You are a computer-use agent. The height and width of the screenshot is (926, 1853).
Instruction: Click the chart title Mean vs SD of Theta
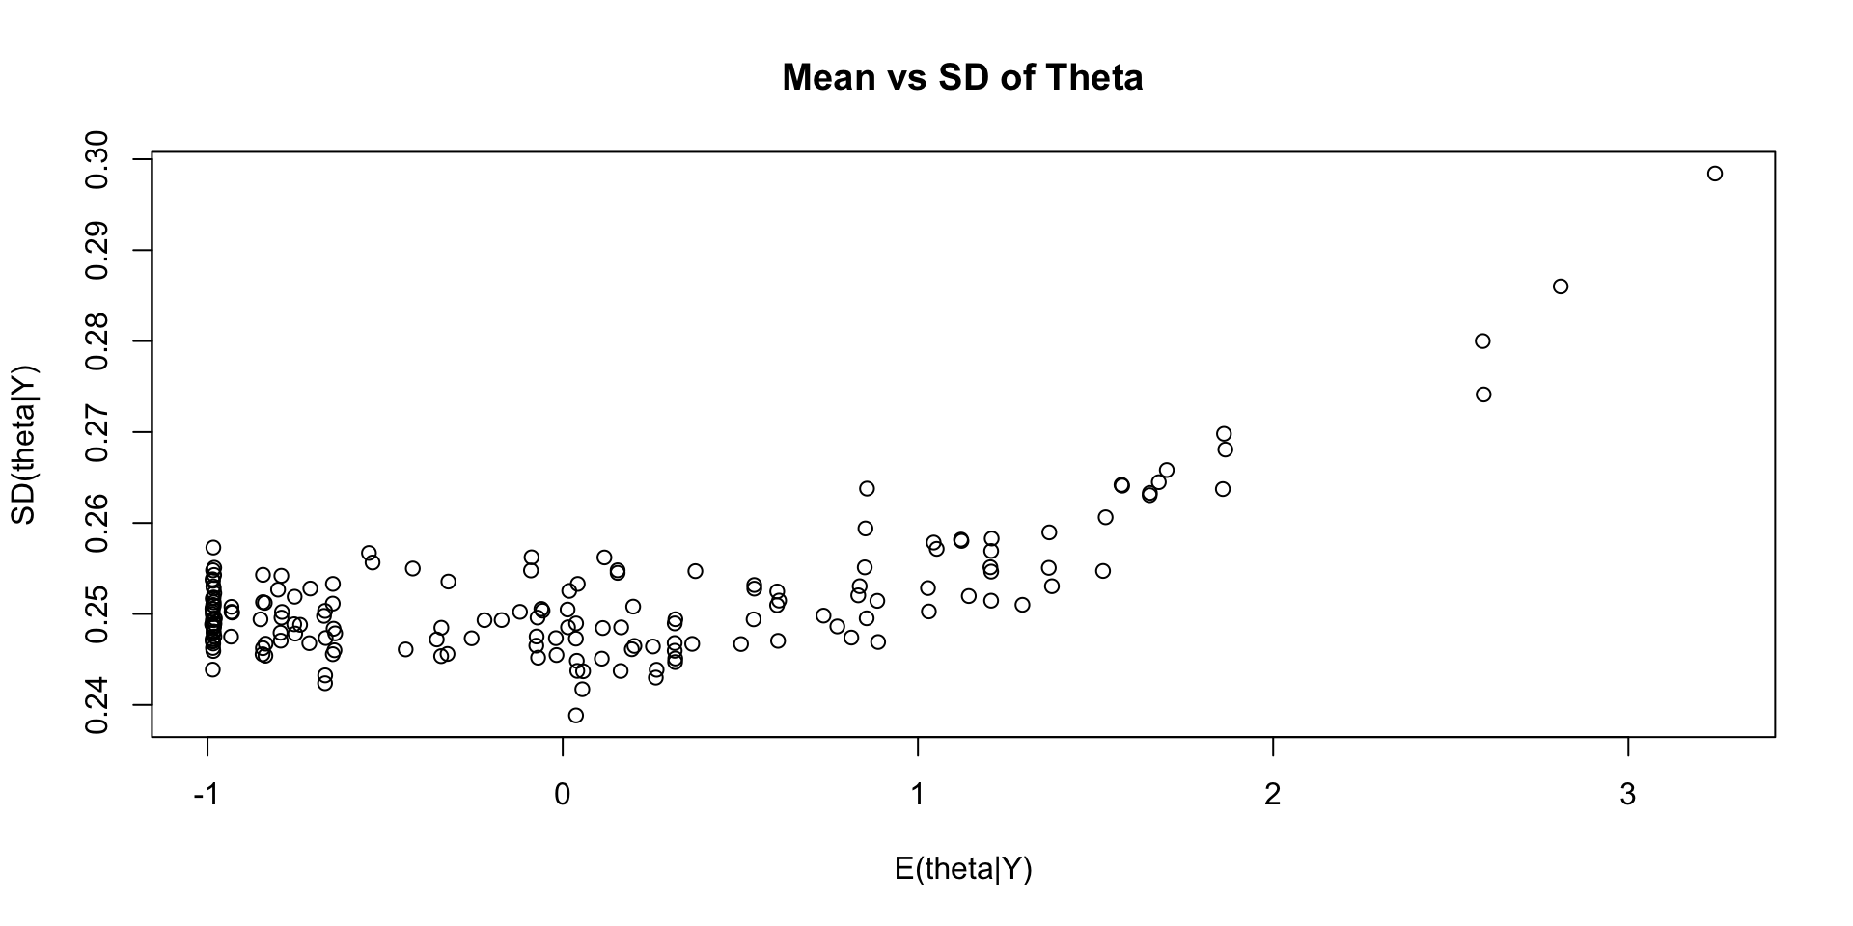coord(962,77)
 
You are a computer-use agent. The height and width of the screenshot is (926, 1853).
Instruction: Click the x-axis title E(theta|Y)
coord(963,869)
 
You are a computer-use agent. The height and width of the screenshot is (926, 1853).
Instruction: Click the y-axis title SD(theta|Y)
coord(23,445)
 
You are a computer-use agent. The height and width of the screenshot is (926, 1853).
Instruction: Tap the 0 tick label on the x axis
coord(562,796)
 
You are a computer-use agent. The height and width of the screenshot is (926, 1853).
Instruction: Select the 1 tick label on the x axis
coord(917,796)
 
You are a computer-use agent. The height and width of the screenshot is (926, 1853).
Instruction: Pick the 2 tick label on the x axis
coord(1272,796)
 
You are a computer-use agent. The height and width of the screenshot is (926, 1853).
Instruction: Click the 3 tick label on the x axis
coord(1628,796)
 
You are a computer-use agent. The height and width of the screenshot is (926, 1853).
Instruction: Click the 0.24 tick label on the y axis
coord(97,705)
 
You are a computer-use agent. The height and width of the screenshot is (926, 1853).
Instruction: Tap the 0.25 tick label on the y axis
coord(97,613)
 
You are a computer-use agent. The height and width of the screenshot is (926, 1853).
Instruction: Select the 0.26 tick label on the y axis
coord(97,523)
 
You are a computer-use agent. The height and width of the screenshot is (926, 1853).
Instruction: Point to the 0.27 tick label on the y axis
coord(97,432)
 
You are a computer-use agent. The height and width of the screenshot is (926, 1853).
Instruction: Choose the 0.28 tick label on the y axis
coord(97,341)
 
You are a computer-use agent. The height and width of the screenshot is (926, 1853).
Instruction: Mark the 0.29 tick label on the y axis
coord(97,250)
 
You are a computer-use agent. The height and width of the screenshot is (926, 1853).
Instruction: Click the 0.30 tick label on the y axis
coord(97,159)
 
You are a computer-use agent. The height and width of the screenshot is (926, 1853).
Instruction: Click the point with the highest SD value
coord(1715,174)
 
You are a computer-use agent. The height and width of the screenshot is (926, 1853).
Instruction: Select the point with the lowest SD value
coord(576,716)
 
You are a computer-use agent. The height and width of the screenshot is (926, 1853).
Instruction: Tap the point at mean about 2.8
coord(1561,286)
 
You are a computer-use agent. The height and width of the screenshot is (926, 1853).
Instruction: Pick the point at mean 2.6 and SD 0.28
coord(1482,340)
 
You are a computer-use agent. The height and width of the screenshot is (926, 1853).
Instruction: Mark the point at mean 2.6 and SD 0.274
coord(1483,395)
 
